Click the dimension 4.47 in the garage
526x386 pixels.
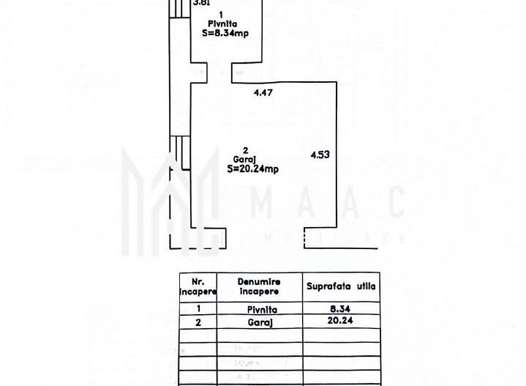pyautogui.click(x=263, y=92)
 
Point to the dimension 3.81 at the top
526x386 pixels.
pyautogui.click(x=201, y=3)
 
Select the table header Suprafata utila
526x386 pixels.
pyautogui.click(x=341, y=286)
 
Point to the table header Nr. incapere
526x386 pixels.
pyautogui.click(x=198, y=286)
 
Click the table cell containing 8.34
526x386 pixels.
pyautogui.click(x=341, y=310)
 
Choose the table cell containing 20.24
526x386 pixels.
pyautogui.click(x=341, y=320)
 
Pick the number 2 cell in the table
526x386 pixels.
pyautogui.click(x=198, y=320)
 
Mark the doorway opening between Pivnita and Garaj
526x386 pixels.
pyautogui.click(x=221, y=73)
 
